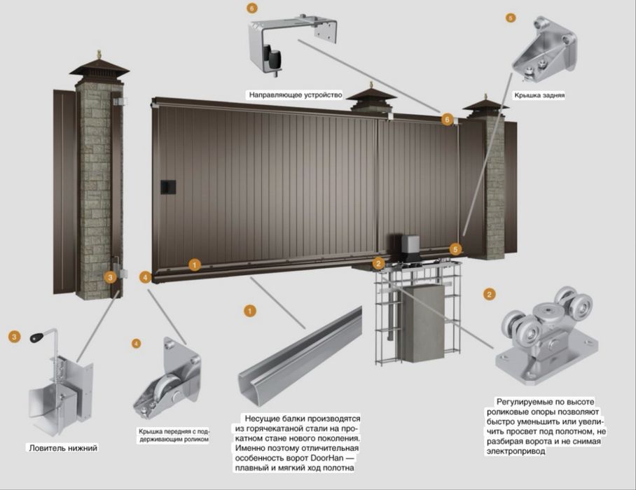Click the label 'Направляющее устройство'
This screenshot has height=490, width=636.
296,94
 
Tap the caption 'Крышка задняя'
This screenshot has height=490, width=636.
539,95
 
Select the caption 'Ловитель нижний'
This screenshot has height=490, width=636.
63,448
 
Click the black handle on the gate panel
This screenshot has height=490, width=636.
168,187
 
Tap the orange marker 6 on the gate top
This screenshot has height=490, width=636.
447,120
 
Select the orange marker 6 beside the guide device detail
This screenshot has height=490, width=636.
252,8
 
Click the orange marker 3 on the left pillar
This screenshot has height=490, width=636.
110,277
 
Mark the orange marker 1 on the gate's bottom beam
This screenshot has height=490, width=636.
194,265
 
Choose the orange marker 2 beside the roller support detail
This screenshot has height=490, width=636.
489,294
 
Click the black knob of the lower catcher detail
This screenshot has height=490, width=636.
37,337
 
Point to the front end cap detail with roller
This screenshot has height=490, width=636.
167,379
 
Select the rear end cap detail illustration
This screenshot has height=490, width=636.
544,48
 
